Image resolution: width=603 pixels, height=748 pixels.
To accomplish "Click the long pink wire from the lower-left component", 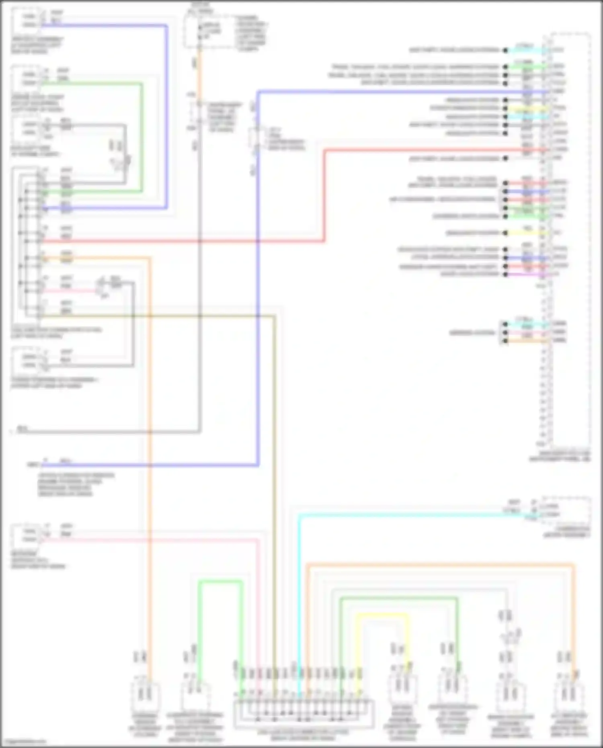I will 153,540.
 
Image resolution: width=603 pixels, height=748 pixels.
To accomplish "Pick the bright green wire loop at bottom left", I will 220,581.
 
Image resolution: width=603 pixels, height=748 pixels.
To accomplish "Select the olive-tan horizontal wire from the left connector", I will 161,316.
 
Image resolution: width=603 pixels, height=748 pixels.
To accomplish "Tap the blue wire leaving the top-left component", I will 105,25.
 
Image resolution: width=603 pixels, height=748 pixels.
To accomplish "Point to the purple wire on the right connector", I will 527,275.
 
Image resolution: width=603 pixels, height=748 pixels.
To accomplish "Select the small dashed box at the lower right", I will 566,511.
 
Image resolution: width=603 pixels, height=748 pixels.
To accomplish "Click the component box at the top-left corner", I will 27,20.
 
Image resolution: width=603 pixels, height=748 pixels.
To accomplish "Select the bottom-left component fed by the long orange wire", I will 146,695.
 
